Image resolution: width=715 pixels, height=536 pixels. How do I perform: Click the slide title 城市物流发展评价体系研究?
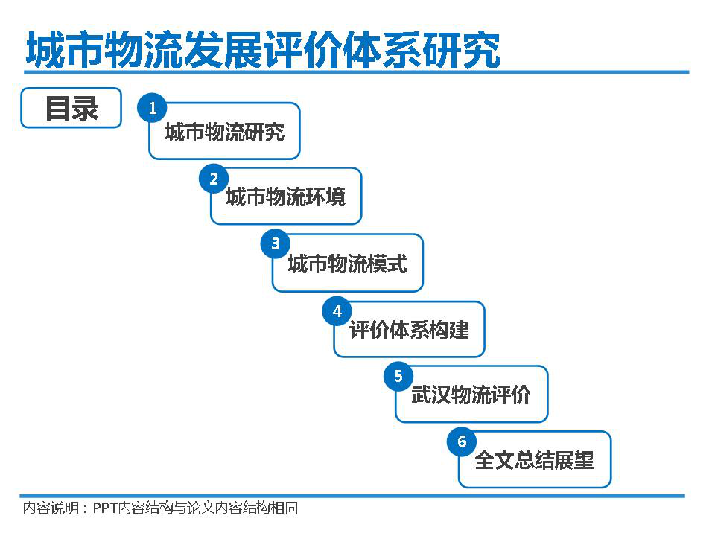pos(264,49)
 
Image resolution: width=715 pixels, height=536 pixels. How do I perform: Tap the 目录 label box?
pos(71,108)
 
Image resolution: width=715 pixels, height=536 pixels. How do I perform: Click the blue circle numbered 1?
pos(152,108)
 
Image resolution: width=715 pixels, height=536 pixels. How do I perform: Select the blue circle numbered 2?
pos(214,179)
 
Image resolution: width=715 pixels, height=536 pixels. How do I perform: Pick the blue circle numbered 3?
pos(276,243)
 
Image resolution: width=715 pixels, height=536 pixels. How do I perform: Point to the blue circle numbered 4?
pos(337,311)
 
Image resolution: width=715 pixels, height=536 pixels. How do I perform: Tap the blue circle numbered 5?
pos(398,376)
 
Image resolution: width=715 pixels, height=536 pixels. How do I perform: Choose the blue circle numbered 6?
pos(462,441)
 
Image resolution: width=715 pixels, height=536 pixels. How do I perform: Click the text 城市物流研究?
pos(225,133)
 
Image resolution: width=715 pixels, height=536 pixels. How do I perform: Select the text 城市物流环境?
pos(286,197)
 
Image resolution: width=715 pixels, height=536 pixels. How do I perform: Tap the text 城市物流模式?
pos(348,264)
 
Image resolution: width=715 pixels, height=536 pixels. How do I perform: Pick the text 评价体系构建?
pos(409,330)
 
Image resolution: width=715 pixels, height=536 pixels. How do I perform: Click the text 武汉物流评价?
pos(471,395)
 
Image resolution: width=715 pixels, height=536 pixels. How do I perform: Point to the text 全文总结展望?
pos(535,460)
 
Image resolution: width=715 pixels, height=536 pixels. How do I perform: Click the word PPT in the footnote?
pos(105,508)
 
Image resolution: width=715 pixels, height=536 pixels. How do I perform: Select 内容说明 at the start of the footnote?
pos(51,508)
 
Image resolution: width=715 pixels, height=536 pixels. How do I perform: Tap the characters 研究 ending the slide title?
pos(462,50)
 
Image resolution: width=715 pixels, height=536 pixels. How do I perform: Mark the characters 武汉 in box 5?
pos(431,395)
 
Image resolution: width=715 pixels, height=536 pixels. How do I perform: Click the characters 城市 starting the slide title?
pos(66,50)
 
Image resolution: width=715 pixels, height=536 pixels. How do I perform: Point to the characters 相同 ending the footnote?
pos(284,508)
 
